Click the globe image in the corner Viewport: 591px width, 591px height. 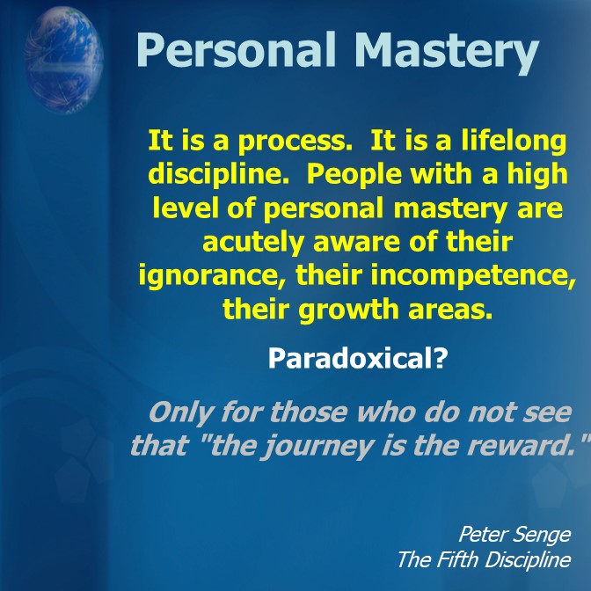click(x=63, y=61)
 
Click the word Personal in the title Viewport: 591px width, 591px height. click(x=236, y=50)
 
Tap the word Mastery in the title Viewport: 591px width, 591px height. click(x=447, y=52)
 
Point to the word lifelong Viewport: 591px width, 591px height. click(x=514, y=141)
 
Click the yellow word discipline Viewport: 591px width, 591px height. click(x=219, y=174)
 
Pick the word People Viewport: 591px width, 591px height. click(x=354, y=175)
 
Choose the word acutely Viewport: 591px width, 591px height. click(x=253, y=242)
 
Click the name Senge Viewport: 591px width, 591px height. click(x=542, y=536)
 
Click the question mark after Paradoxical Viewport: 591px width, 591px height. click(x=441, y=359)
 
